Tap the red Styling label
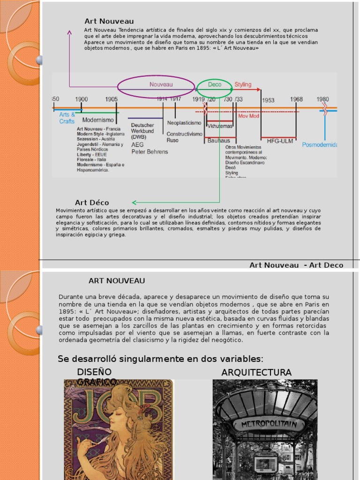(x=243, y=85)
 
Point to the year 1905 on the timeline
(x=112, y=99)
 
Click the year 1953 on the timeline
(x=268, y=100)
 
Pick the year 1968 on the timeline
(x=296, y=99)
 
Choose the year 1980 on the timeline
(x=322, y=99)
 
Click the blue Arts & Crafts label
(x=67, y=118)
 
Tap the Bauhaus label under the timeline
(x=219, y=141)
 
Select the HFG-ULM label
(x=279, y=141)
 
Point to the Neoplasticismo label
(x=184, y=123)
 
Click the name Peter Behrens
(x=150, y=152)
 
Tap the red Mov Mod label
(x=248, y=116)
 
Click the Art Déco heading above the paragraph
(x=92, y=202)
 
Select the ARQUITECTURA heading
(x=256, y=373)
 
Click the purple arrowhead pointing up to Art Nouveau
(x=69, y=32)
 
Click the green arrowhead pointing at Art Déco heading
(x=134, y=202)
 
